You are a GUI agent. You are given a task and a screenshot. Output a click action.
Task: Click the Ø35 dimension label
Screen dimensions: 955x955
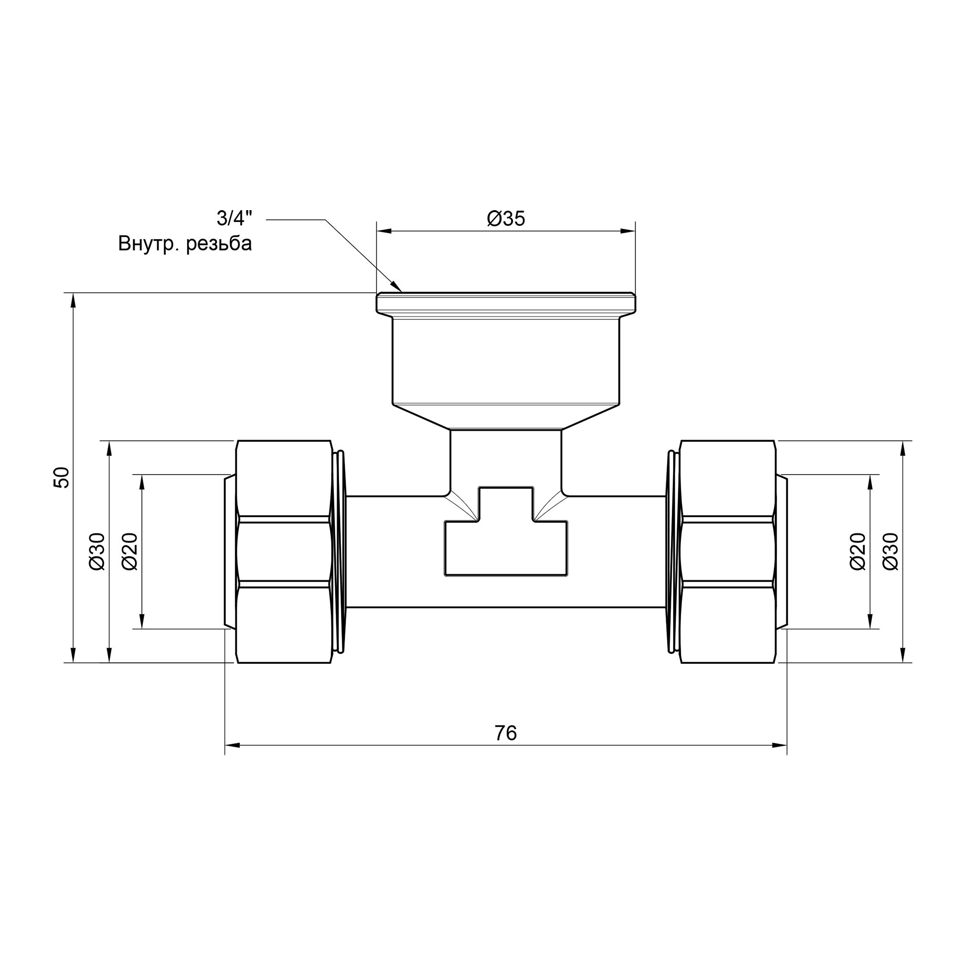[506, 219]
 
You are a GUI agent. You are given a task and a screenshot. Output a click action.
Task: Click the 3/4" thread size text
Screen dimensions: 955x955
[234, 218]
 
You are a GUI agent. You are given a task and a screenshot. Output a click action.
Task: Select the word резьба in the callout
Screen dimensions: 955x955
[219, 244]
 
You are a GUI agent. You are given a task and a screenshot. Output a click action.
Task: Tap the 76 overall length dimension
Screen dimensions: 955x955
[505, 733]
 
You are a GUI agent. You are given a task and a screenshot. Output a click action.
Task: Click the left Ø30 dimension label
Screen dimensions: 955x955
[97, 552]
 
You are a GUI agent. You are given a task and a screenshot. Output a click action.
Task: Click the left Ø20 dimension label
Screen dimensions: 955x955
[129, 552]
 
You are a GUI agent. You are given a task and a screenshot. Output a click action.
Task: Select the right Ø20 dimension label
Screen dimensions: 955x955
[858, 552]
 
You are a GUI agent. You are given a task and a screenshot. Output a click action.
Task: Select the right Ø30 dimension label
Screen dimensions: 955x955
[890, 552]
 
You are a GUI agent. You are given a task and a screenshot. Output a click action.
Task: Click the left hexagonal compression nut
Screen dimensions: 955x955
[284, 552]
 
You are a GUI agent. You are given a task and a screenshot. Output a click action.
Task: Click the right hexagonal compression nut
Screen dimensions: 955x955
[728, 552]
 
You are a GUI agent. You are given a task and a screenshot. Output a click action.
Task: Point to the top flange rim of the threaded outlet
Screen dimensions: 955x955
[506, 303]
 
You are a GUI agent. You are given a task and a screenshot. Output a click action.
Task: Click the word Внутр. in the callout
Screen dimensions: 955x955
[148, 244]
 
